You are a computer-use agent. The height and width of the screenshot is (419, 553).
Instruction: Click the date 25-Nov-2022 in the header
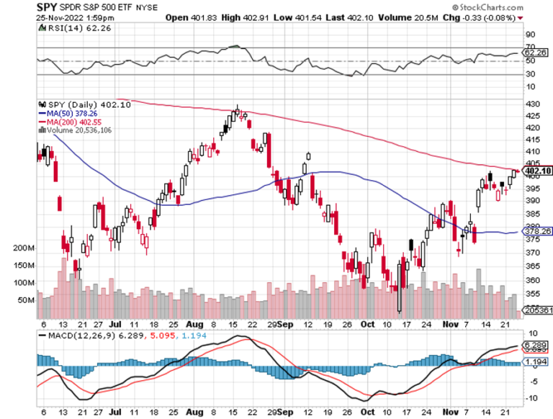(x=53, y=16)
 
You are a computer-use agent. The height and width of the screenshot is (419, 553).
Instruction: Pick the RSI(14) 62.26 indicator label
(x=68, y=28)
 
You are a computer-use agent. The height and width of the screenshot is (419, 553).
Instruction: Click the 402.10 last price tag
(x=538, y=171)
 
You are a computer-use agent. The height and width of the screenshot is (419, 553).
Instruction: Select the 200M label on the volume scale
(x=24, y=248)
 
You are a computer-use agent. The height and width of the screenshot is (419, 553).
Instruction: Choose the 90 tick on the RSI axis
(x=530, y=35)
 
